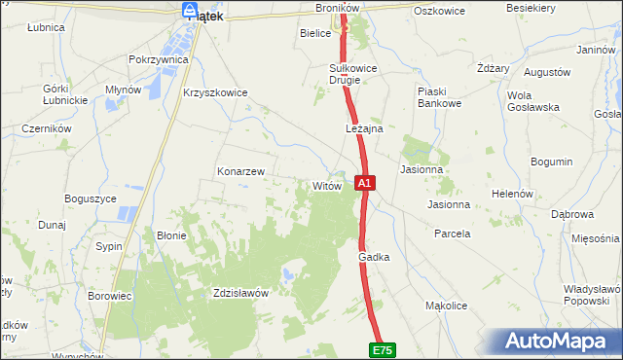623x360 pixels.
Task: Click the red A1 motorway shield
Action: (x=364, y=182)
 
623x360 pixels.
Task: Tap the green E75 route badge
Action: (x=383, y=348)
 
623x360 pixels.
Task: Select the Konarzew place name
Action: (x=240, y=171)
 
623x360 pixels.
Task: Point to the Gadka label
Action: (x=374, y=257)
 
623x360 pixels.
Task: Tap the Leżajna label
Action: (x=364, y=128)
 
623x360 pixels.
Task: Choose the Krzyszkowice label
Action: (x=215, y=92)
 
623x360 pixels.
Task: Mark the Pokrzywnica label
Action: (x=158, y=59)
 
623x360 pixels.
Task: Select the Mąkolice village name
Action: (x=447, y=306)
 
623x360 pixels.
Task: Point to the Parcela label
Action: (x=453, y=234)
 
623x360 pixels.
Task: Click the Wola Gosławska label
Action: (x=531, y=101)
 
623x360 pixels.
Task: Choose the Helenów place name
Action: (x=512, y=194)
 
